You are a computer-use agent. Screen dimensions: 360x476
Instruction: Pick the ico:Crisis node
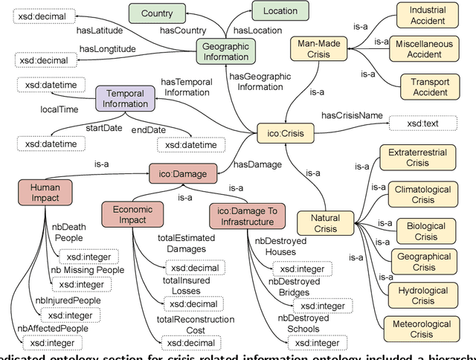click(286, 134)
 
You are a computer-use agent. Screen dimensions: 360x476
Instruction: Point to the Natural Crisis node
click(326, 223)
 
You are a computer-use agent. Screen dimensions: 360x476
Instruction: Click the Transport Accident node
click(425, 88)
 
